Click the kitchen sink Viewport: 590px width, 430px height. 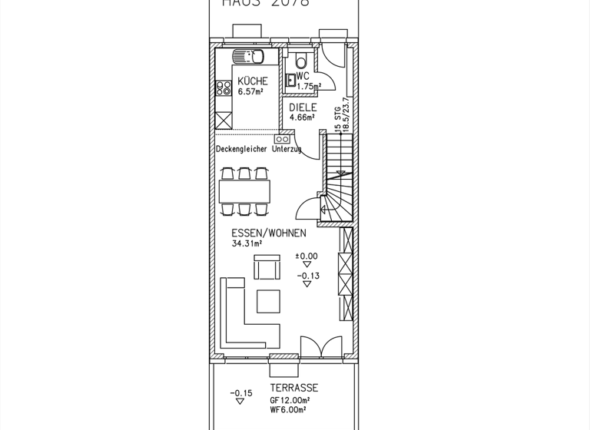coord(249,56)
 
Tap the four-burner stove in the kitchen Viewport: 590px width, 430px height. coord(224,88)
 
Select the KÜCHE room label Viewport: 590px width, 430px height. coord(253,81)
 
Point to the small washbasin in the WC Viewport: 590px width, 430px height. coord(290,78)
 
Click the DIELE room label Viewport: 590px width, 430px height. coord(303,107)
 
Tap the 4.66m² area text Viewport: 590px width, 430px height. coord(302,117)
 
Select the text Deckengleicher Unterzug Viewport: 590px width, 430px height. coord(258,149)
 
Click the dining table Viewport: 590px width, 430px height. coord(246,190)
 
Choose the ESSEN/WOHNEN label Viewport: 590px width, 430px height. coord(269,233)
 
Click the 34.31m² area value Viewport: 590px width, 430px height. coord(247,243)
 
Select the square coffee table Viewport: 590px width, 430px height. coord(269,300)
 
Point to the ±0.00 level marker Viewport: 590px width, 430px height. coord(307,256)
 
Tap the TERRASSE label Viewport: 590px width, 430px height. coord(293,388)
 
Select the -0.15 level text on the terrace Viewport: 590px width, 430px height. coord(240,393)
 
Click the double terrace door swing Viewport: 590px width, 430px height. coord(321,347)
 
